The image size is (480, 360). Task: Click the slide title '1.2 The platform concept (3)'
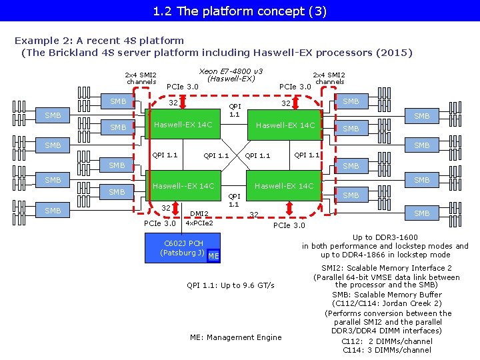[x=239, y=11]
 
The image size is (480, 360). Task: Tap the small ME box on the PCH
[x=213, y=257]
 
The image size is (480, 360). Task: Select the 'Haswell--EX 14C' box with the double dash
[x=183, y=186]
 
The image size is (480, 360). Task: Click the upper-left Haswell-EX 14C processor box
[x=183, y=125]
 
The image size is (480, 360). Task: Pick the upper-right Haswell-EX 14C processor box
[x=285, y=125]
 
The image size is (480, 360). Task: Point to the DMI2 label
[x=199, y=214]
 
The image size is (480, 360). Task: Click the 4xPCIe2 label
[x=199, y=223]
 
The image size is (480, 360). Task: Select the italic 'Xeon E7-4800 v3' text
[x=231, y=71]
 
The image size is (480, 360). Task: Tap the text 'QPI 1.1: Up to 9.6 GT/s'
[x=231, y=285]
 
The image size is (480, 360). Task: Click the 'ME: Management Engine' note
[x=236, y=337]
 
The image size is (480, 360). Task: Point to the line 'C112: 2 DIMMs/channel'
[x=387, y=341]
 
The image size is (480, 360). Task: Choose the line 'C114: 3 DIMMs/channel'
[x=387, y=350]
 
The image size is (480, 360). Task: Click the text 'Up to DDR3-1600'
[x=385, y=237]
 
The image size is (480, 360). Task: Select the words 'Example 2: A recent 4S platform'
[x=99, y=41]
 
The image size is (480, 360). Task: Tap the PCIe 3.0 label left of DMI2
[x=160, y=223]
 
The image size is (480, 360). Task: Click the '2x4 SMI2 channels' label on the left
[x=141, y=79]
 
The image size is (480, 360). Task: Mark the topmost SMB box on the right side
[x=351, y=101]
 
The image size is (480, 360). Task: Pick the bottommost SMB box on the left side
[x=53, y=211]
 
